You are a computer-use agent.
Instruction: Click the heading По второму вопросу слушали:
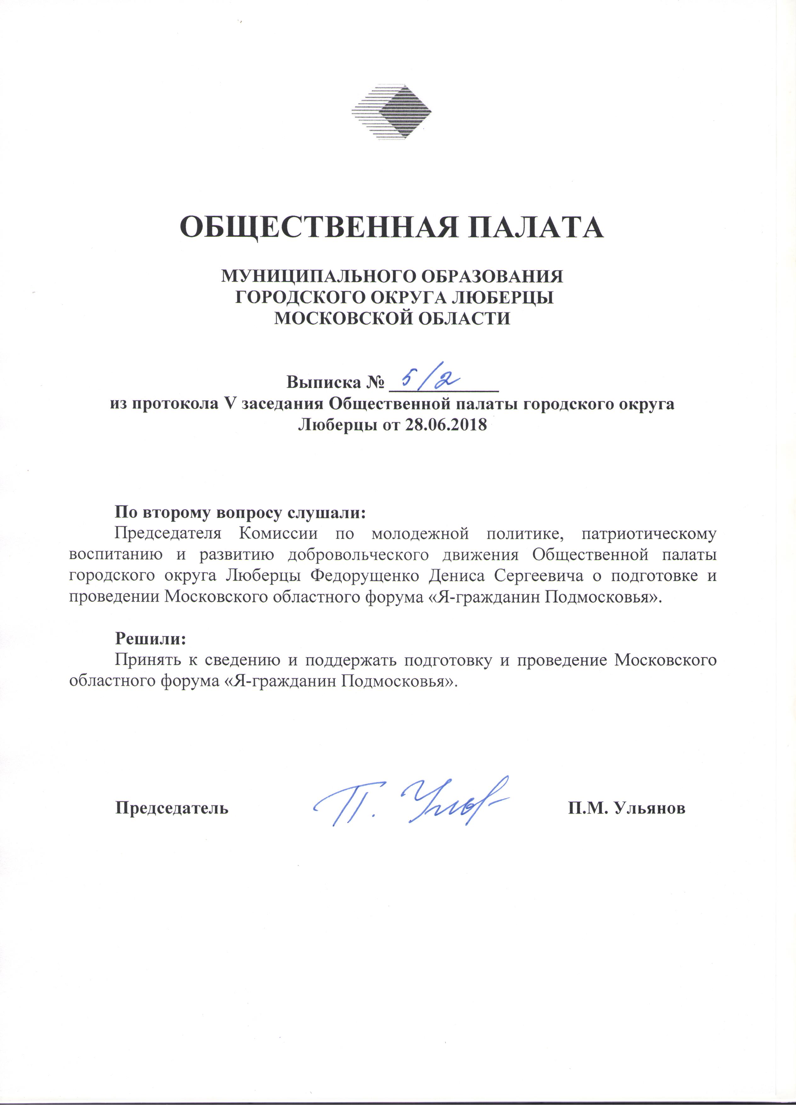pyautogui.click(x=240, y=512)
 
